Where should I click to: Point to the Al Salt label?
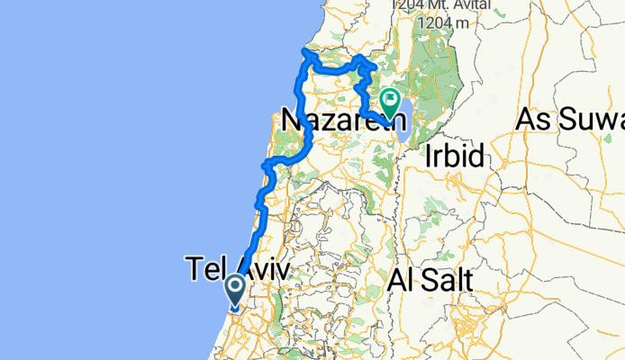coord(430,281)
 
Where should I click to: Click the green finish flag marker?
coord(391,103)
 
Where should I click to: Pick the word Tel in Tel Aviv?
coord(204,268)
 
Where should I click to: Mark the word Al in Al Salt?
coord(399,281)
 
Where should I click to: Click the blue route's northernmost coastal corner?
coord(306,53)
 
